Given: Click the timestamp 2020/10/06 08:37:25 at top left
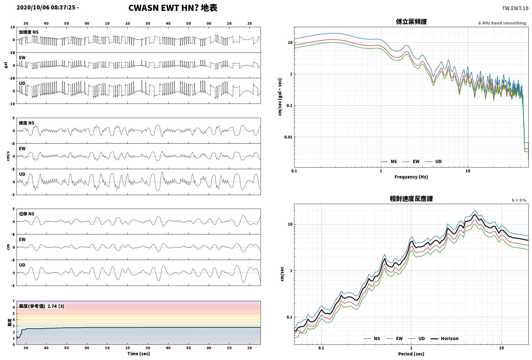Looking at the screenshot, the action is pos(46,7).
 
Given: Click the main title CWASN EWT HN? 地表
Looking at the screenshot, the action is pos(173,8).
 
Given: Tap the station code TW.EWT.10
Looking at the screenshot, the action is pos(515,8).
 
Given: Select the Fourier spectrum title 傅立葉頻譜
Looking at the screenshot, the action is pos(411,22).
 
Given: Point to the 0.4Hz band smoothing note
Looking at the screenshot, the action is pos(502,23).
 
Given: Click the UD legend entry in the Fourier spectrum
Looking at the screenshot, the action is pos(433,162).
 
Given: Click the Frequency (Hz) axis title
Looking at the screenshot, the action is pos(411,177).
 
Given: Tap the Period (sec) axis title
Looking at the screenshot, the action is pos(411,354).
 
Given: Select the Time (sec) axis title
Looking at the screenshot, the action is pos(139,354).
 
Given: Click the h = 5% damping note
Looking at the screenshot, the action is pos(519,200).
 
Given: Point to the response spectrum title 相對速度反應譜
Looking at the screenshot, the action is pos(411,199).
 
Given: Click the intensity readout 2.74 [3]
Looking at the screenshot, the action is pos(56,306).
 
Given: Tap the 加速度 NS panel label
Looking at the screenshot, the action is pos(29,32).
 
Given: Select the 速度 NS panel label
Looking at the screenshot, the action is pos(27,123).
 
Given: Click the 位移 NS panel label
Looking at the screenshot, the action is pos(27,214).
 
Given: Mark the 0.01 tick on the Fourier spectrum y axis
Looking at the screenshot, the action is pos(288,137).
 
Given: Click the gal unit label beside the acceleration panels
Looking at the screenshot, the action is pos(6,65).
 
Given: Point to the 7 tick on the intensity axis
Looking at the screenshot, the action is pos(14,301).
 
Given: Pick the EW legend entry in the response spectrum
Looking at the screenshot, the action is pos(394,339).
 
